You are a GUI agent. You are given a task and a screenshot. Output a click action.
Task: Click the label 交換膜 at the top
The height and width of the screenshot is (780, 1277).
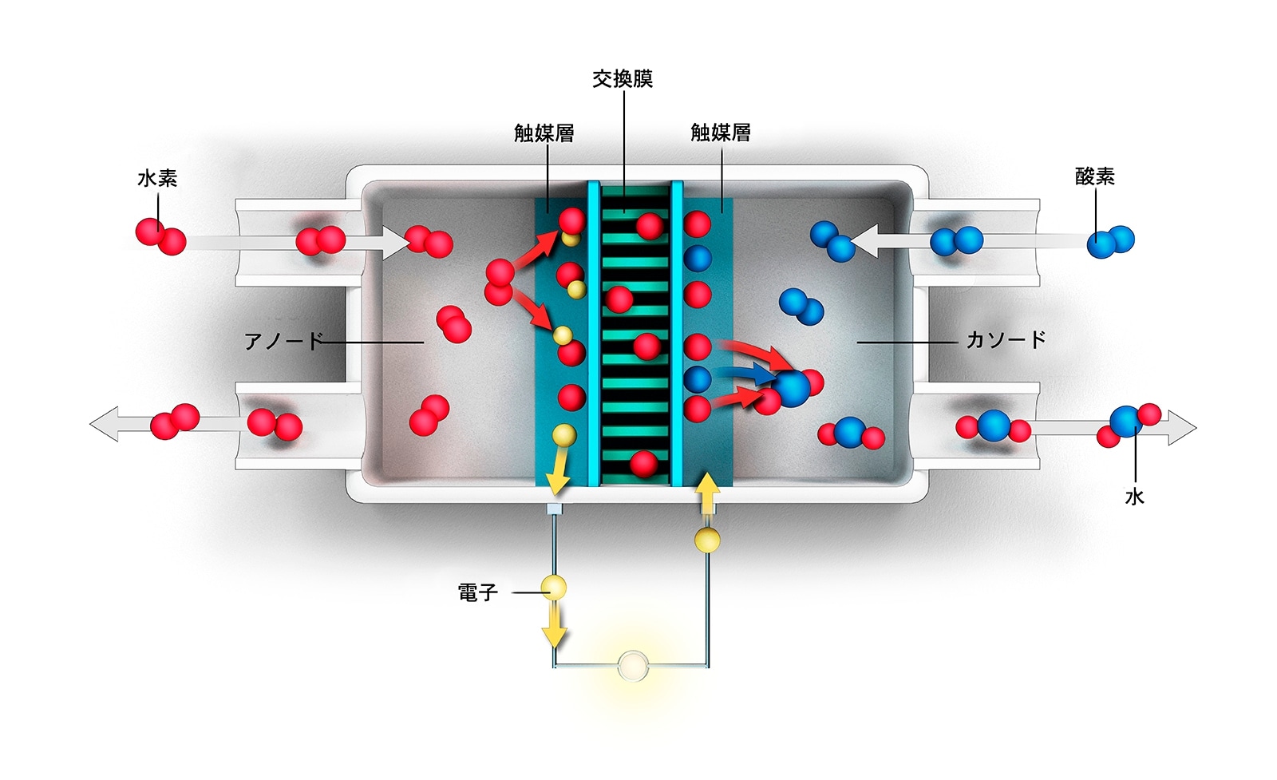tap(623, 78)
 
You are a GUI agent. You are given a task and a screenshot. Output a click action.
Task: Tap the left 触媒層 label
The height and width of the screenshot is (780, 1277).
tap(544, 133)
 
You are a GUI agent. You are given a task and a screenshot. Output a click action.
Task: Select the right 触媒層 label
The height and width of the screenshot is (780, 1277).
tap(721, 133)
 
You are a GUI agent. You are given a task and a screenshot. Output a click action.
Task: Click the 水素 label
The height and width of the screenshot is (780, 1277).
tap(157, 178)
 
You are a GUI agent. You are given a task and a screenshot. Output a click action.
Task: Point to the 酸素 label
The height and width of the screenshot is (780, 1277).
tap(1095, 176)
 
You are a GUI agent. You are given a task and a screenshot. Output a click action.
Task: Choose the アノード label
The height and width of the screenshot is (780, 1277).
tap(283, 342)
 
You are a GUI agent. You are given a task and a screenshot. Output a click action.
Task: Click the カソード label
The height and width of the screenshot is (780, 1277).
tap(1006, 340)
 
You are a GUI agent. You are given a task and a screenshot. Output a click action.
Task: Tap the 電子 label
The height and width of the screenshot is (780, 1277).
tap(477, 592)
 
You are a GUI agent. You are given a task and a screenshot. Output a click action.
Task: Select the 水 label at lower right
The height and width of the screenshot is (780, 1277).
tap(1134, 497)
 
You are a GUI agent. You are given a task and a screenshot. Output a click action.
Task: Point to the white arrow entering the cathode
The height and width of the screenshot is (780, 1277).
tap(867, 240)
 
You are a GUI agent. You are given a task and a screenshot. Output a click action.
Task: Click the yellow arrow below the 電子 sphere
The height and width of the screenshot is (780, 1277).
tap(554, 627)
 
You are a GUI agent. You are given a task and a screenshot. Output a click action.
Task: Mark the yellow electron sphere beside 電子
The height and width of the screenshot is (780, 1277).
tap(554, 588)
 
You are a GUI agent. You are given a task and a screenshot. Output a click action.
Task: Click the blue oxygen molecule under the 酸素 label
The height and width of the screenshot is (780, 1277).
tap(1110, 240)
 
